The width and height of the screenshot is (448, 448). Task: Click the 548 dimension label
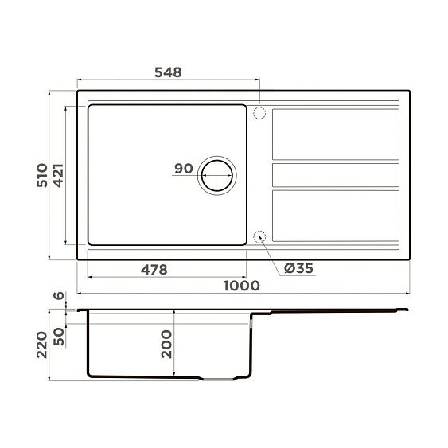169,72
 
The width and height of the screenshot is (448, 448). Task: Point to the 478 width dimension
154,269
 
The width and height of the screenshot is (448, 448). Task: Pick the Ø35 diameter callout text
298,268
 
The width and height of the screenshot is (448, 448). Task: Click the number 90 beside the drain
183,169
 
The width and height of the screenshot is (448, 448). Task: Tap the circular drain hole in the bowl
216,173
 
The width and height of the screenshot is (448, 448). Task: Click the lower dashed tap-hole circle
259,236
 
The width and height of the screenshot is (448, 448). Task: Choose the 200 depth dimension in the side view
166,344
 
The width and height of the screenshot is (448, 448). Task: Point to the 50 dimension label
58,337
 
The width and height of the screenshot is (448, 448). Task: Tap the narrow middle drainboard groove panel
335,173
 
